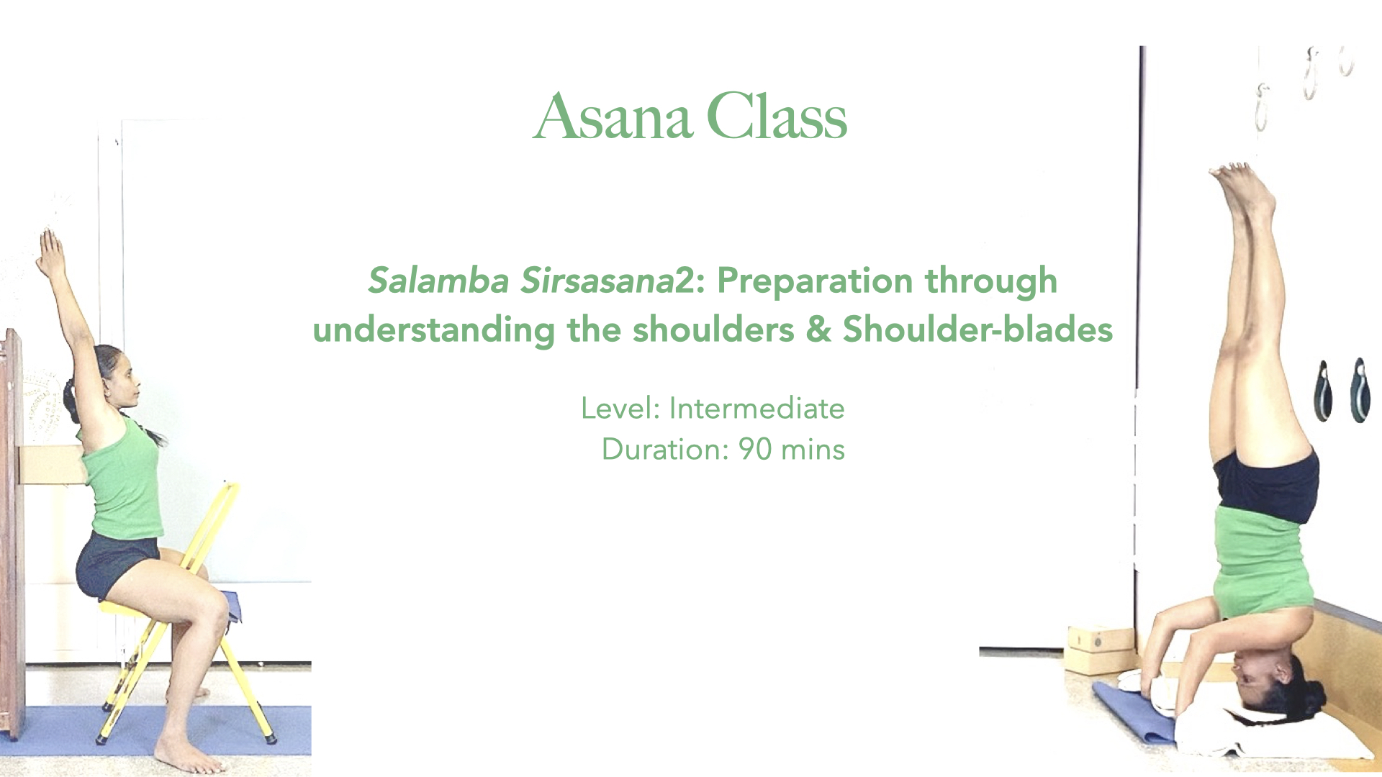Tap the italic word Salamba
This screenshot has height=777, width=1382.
(438, 281)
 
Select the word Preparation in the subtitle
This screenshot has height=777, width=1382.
(815, 281)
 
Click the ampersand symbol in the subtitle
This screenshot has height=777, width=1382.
(818, 330)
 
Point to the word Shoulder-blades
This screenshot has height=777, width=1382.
(977, 330)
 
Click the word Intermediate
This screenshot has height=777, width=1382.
(757, 409)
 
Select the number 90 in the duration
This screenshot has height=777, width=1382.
(754, 450)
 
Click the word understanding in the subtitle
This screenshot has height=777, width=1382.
(434, 330)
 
